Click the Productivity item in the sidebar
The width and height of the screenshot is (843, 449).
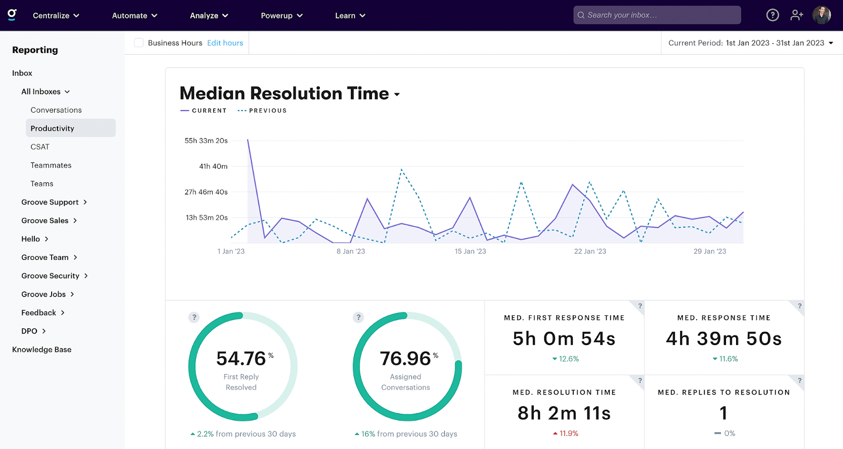(x=53, y=128)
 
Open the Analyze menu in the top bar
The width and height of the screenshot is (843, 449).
(x=209, y=15)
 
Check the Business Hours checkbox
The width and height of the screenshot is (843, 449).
(x=139, y=43)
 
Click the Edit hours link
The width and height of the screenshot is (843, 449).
(x=225, y=43)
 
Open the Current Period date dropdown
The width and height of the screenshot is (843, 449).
(x=750, y=43)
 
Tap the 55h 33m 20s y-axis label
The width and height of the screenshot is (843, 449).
(x=206, y=141)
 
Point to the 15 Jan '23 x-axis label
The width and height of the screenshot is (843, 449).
(x=470, y=251)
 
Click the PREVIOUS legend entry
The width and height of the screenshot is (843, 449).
(x=262, y=111)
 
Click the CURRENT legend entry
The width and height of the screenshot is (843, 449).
(x=204, y=111)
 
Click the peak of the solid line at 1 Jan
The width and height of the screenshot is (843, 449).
(x=248, y=140)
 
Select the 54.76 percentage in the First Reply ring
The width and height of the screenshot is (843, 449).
(x=241, y=358)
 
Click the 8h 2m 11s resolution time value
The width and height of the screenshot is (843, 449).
(x=564, y=413)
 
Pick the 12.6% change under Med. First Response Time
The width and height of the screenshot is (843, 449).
(x=566, y=359)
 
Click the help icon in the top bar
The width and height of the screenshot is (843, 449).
(x=772, y=15)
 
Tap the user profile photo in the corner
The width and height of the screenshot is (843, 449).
(x=821, y=15)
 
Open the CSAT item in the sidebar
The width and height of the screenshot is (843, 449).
(x=40, y=147)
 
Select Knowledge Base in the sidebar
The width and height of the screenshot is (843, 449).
(x=42, y=349)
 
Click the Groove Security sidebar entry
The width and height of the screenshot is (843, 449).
(x=51, y=276)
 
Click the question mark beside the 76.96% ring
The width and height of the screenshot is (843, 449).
(x=358, y=317)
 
